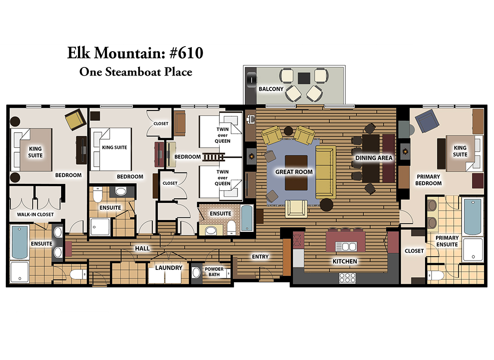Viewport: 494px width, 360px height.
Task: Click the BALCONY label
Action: (271, 89)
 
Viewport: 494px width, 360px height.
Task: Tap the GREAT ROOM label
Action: (294, 172)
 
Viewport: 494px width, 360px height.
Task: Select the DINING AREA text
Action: (373, 158)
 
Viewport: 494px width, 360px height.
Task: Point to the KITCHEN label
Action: (345, 261)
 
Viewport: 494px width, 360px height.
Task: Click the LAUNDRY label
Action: (169, 268)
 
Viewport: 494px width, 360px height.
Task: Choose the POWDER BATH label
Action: (214, 272)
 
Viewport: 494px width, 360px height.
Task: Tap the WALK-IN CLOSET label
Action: (35, 214)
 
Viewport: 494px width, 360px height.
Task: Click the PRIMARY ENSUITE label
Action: (447, 241)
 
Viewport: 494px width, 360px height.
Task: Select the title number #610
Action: (186, 53)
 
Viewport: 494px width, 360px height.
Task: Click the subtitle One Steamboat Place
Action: (136, 72)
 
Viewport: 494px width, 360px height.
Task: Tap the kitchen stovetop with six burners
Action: (347, 278)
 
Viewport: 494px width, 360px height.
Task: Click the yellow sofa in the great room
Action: (326, 172)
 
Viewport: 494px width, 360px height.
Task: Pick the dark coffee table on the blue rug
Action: (296, 173)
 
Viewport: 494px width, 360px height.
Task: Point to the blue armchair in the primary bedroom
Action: (427, 120)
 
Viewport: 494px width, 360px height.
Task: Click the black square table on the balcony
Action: (304, 78)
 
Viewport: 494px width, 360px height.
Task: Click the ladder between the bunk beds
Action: (213, 157)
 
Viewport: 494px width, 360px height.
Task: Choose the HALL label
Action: (142, 249)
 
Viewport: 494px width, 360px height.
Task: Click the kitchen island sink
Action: (346, 246)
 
